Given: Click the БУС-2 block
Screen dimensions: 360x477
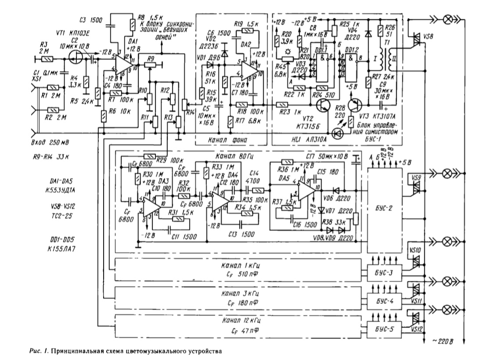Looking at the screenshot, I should [384, 209].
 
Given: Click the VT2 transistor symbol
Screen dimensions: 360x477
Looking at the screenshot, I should [324, 104].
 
